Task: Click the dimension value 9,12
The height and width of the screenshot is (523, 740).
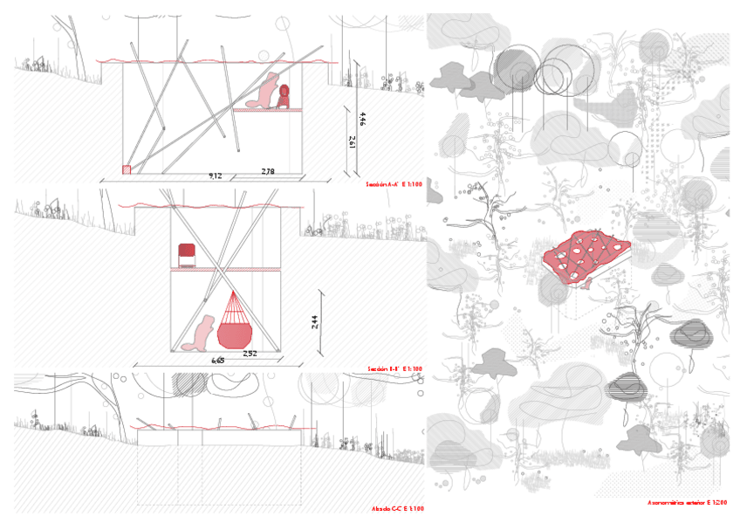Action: (215, 175)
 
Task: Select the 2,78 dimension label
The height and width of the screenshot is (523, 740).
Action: (267, 172)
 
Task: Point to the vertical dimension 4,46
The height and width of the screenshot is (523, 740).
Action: (362, 119)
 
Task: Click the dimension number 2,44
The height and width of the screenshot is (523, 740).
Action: (315, 326)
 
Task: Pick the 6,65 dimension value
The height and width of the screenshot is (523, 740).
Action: (217, 360)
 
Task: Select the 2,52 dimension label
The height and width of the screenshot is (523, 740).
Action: (250, 354)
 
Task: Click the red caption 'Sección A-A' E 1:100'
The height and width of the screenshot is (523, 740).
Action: (394, 185)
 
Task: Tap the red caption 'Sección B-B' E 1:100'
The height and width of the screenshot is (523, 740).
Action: (394, 369)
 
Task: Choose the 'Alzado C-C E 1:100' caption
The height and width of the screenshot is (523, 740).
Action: (397, 508)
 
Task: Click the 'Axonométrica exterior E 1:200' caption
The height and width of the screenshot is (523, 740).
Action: (687, 503)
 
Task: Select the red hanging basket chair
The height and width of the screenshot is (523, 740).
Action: (235, 325)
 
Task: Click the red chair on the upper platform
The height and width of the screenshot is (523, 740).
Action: (185, 255)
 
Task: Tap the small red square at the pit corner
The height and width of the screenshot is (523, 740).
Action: (127, 169)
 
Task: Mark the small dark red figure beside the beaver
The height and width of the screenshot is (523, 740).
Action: (284, 96)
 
